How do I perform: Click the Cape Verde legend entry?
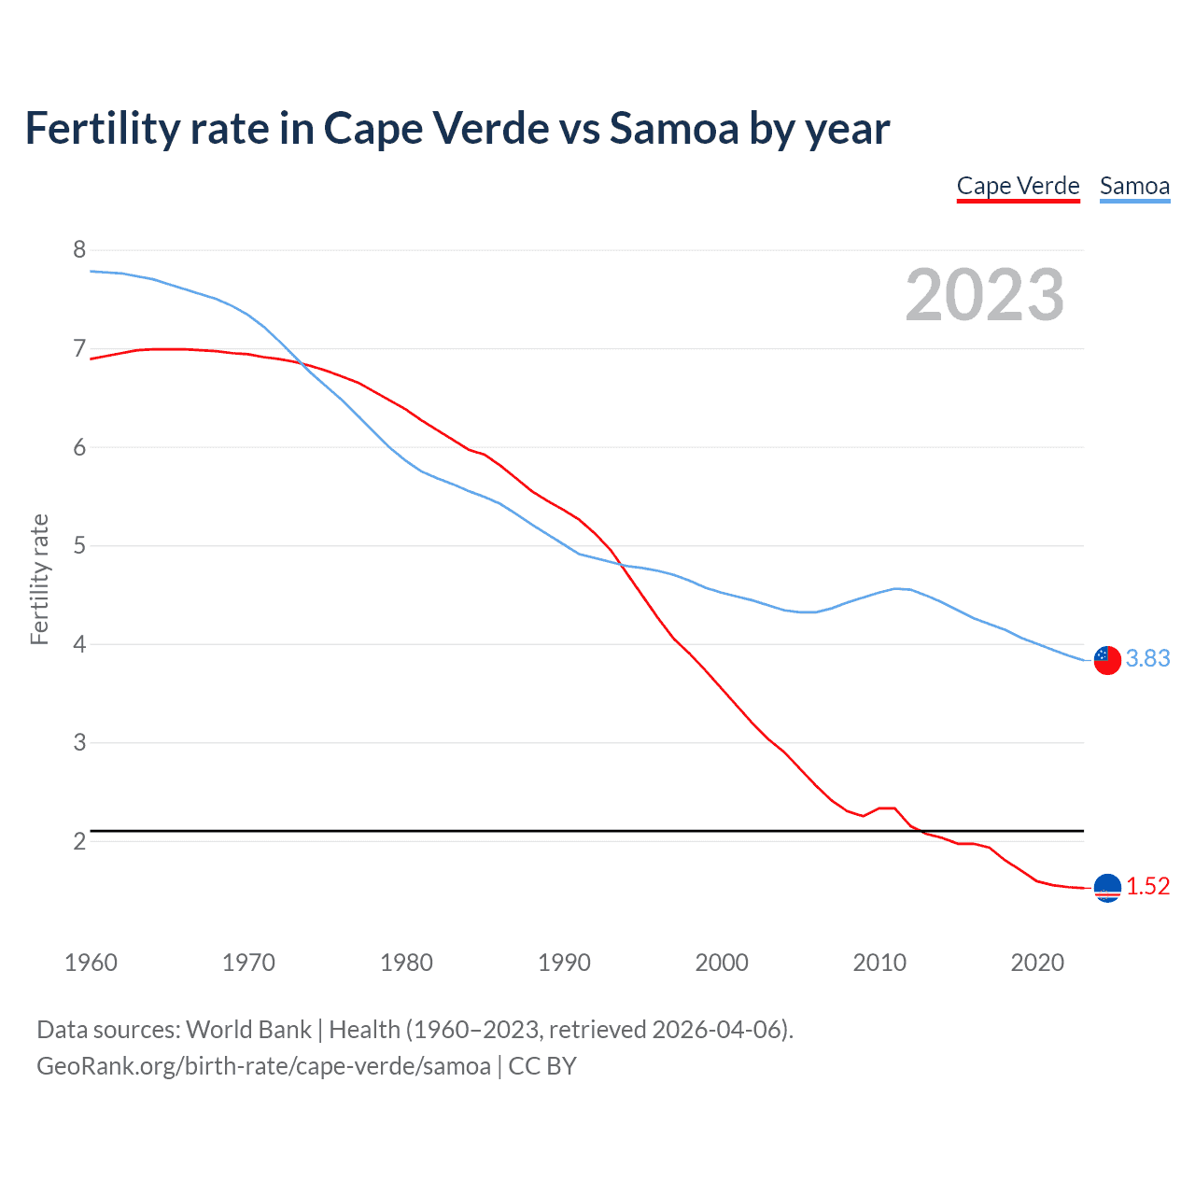pos(1018,186)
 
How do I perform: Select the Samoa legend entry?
pos(1134,186)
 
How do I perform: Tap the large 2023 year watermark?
pos(984,295)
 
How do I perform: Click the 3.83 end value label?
pos(1147,658)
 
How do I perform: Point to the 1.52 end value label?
pos(1147,886)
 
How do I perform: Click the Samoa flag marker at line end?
pos(1107,659)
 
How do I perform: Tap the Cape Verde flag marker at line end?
pos(1107,888)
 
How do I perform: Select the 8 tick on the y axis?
pos(79,249)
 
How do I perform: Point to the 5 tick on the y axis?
pos(79,545)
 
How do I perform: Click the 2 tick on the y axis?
pos(79,841)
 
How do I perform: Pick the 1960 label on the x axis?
pos(91,963)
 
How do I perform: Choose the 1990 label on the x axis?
pos(564,963)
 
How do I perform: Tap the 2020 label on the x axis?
pos(1037,963)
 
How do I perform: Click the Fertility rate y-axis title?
pos(39,579)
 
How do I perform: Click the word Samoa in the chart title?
pos(674,128)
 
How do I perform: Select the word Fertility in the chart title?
pos(102,128)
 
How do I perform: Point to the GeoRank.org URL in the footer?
pos(263,1065)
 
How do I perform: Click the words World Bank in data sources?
pos(248,1030)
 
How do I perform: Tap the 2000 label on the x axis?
pos(722,963)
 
